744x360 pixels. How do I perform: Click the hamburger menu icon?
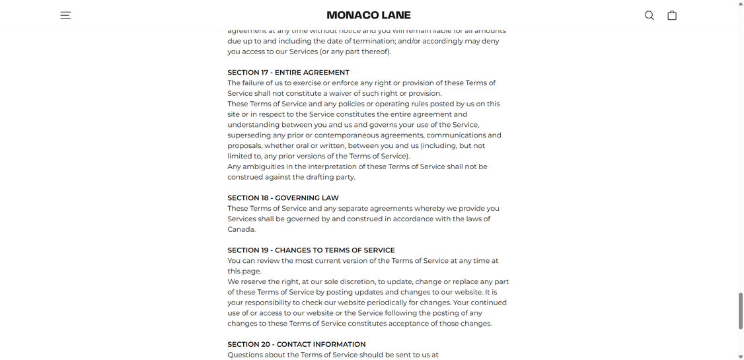[x=65, y=15]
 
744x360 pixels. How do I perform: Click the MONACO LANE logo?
[x=369, y=15]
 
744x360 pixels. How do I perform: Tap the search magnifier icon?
[x=649, y=15]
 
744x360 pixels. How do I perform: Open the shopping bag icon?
[x=671, y=15]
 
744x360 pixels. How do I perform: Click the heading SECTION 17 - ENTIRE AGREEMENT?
[x=288, y=73]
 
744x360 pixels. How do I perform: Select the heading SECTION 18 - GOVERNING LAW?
[x=283, y=198]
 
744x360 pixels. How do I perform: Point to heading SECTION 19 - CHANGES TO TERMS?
[x=311, y=250]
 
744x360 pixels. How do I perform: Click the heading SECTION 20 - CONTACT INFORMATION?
[x=296, y=344]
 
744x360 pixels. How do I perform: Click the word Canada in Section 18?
[x=241, y=229]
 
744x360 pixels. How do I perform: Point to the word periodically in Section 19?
[x=385, y=303]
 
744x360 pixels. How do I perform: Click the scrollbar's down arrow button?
[x=740, y=356]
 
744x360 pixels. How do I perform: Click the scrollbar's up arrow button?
[x=740, y=4]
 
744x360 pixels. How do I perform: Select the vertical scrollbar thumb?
[x=740, y=310]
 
